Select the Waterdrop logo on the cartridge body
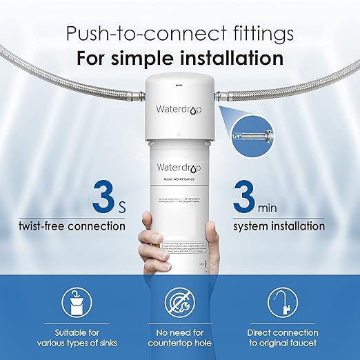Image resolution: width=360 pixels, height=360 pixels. point(179,168)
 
